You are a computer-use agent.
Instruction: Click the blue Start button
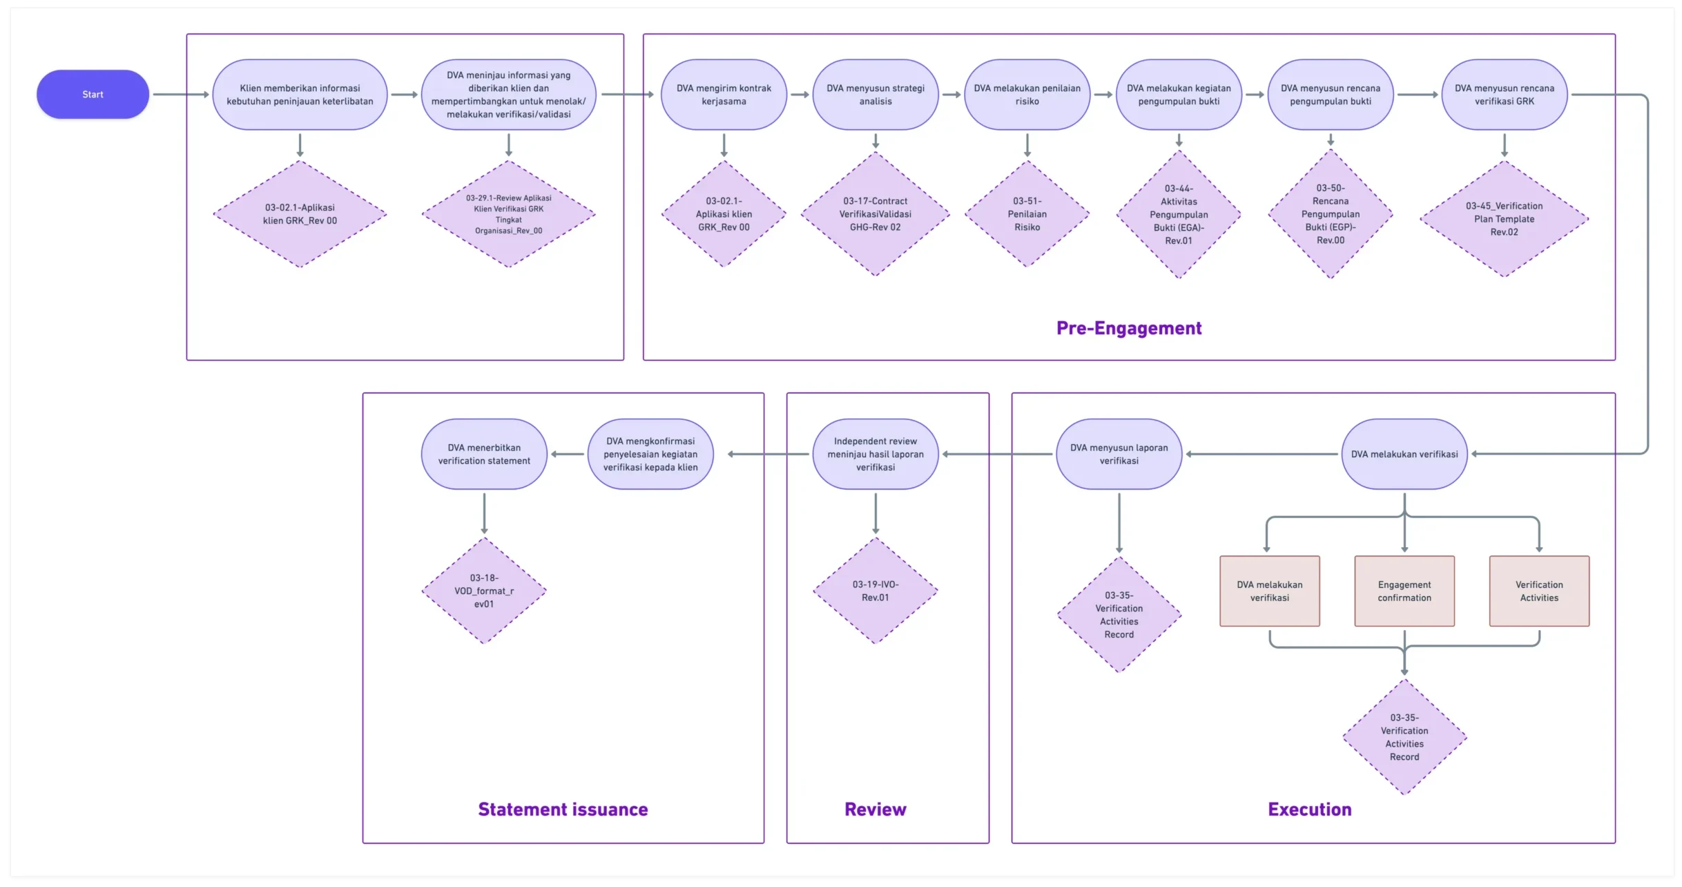click(93, 94)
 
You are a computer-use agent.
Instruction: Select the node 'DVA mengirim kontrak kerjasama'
click(724, 95)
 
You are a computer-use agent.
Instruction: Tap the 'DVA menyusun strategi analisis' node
click(876, 95)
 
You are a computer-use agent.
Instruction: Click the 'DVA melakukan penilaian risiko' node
click(1027, 95)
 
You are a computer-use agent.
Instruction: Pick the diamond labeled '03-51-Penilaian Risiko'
click(1027, 214)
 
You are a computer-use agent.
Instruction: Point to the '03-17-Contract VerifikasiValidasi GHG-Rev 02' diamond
click(876, 214)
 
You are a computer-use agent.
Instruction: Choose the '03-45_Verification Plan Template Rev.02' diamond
click(1505, 219)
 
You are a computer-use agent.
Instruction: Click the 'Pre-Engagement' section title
click(1129, 328)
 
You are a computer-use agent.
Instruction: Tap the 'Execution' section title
click(1310, 809)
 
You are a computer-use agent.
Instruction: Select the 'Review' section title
click(876, 809)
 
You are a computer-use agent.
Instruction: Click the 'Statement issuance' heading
click(563, 809)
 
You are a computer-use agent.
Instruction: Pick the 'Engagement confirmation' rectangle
click(1404, 591)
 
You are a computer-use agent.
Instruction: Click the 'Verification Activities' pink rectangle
click(1539, 591)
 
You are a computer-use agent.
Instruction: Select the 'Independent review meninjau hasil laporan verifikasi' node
click(876, 454)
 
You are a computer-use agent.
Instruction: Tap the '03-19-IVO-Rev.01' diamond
click(876, 591)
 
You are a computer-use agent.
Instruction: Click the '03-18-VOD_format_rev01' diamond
click(484, 591)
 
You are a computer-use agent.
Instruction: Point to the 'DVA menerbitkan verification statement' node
click(484, 454)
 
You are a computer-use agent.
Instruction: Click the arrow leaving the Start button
click(181, 95)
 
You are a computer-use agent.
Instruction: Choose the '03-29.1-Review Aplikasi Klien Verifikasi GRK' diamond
click(509, 214)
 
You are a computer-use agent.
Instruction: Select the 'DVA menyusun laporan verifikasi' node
click(1119, 454)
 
